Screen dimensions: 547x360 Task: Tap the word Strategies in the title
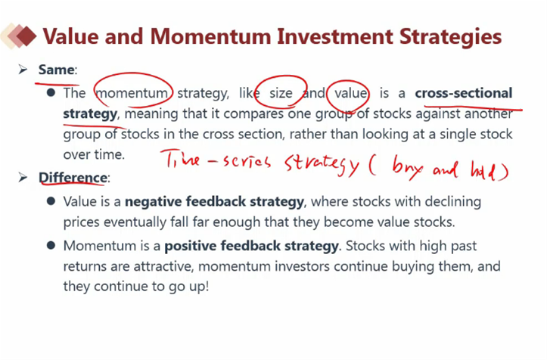pyautogui.click(x=450, y=37)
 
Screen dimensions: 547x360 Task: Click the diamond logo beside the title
pyautogui.click(x=18, y=36)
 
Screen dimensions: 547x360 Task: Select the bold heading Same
pyautogui.click(x=56, y=70)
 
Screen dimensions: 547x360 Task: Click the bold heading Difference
pyautogui.click(x=73, y=178)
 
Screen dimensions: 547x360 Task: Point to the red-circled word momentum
pyautogui.click(x=132, y=93)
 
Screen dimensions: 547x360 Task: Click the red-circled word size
pyautogui.click(x=281, y=93)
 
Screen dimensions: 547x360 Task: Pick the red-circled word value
pyautogui.click(x=350, y=93)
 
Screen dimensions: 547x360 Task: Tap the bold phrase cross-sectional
pyautogui.click(x=464, y=93)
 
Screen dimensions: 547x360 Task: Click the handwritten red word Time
pyautogui.click(x=182, y=160)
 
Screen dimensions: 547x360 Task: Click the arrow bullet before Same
pyautogui.click(x=23, y=70)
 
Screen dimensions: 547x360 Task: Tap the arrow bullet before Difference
pyautogui.click(x=23, y=178)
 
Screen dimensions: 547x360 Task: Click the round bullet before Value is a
pyautogui.click(x=51, y=201)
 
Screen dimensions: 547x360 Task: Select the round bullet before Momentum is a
pyautogui.click(x=51, y=245)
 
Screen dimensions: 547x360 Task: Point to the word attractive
pyautogui.click(x=163, y=266)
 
